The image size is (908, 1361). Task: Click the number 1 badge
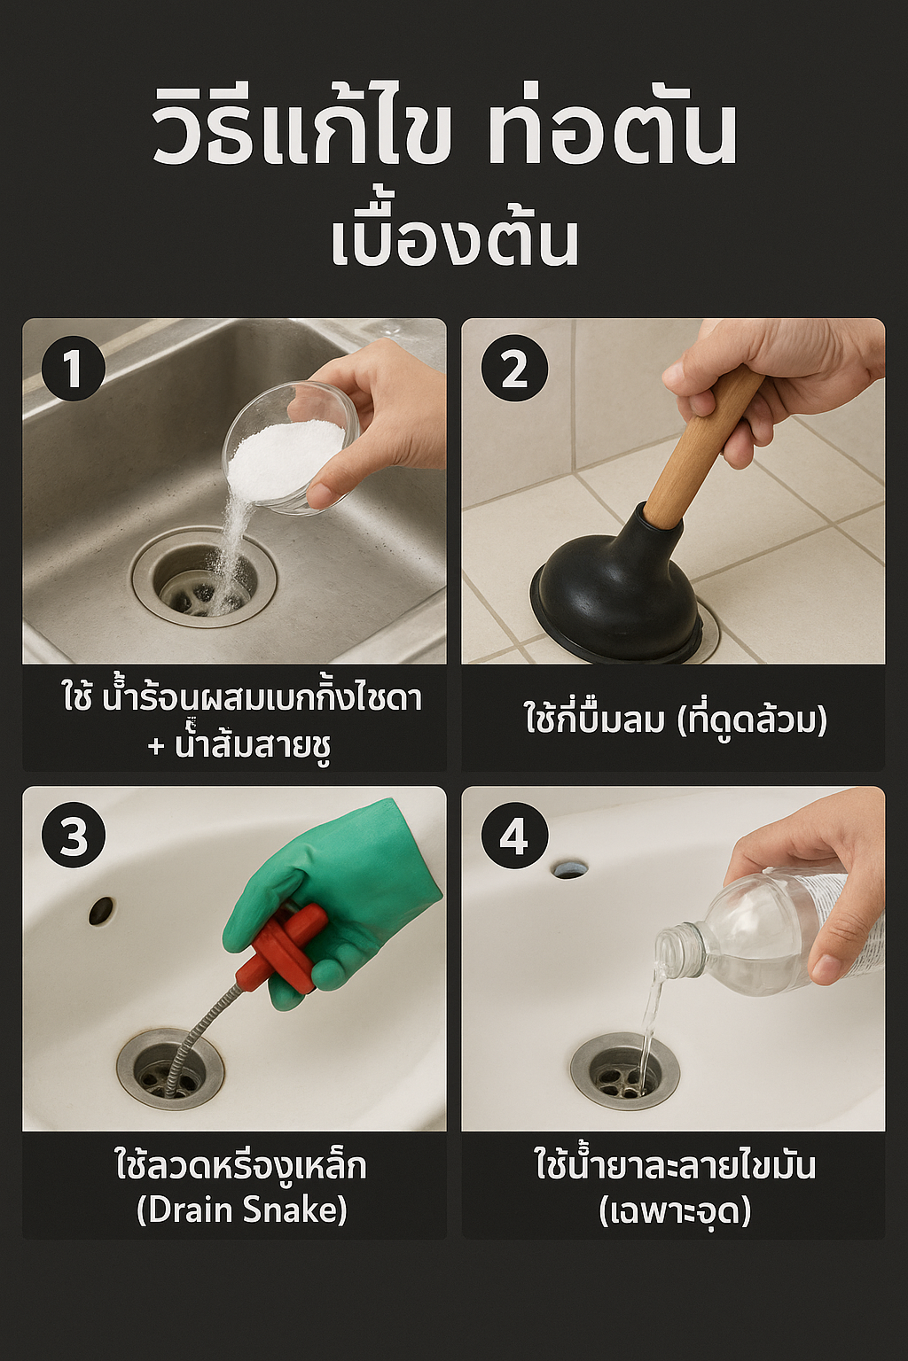pos(73,369)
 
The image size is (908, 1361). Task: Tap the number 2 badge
pos(514,369)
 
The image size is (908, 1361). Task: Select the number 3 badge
pos(73,836)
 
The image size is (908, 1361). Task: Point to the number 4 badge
pos(514,836)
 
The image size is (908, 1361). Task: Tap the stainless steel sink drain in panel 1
pos(204,579)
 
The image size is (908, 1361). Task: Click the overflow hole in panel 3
pos(101,910)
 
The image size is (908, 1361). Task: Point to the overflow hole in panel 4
pos(569,869)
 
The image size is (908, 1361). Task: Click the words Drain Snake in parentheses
pos(241,1210)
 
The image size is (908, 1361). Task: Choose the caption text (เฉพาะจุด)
pos(674,1210)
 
